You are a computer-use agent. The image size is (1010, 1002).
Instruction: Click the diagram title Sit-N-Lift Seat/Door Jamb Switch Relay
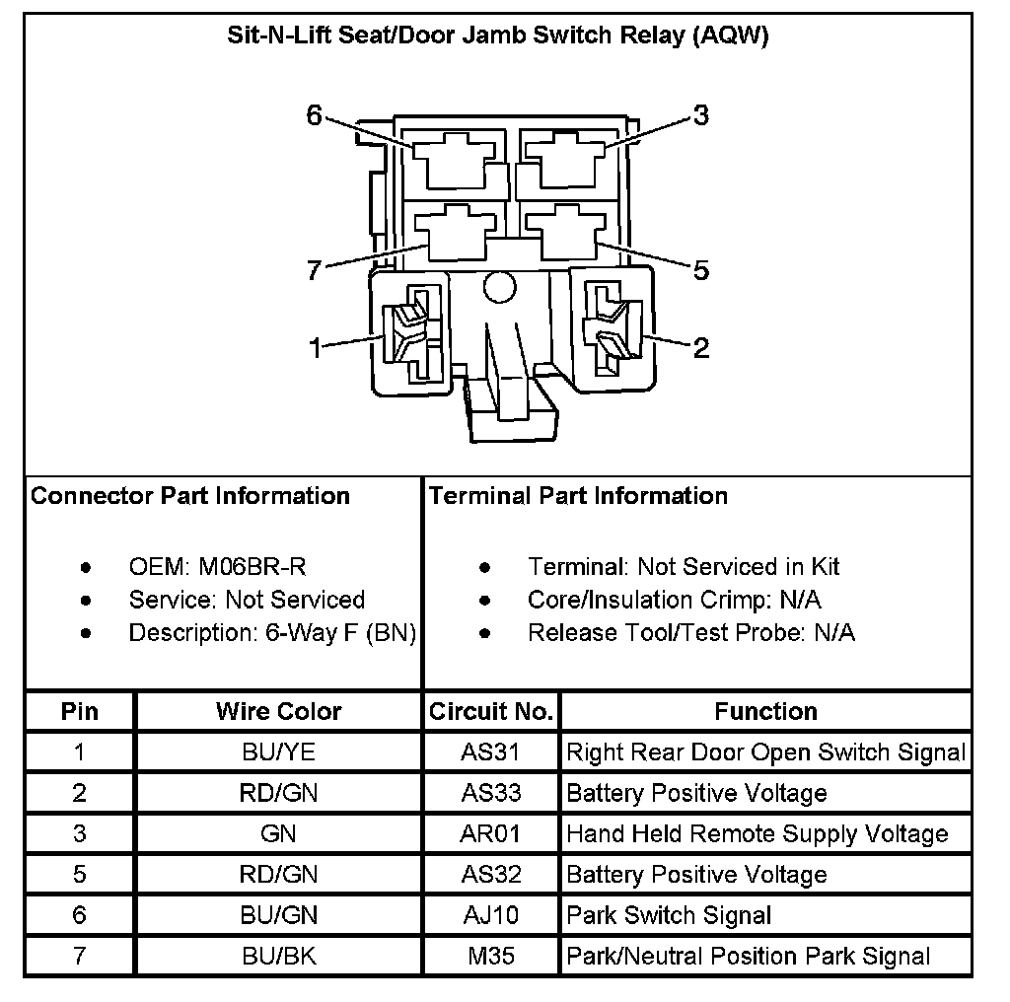(x=498, y=37)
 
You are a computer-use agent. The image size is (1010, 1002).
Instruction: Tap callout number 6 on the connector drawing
(x=315, y=115)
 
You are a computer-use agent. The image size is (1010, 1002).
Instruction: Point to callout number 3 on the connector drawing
(x=700, y=115)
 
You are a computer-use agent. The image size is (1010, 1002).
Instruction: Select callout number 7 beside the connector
(x=315, y=270)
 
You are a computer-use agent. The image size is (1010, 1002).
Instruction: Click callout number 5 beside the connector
(x=701, y=270)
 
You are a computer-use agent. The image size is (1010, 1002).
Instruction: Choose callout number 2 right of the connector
(x=701, y=347)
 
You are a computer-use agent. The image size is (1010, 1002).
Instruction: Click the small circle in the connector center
(x=499, y=287)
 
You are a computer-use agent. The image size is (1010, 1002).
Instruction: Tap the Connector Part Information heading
(x=190, y=495)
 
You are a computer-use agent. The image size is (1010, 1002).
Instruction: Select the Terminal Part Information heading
(x=578, y=495)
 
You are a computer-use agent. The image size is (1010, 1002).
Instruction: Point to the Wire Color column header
(x=278, y=711)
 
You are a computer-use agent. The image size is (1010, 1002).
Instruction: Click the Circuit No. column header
(x=491, y=711)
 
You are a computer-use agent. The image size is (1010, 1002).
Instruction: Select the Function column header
(x=765, y=711)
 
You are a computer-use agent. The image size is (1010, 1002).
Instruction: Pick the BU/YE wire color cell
(x=278, y=752)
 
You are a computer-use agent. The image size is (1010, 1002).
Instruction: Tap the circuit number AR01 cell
(x=490, y=834)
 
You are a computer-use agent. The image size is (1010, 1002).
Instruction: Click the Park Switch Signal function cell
(x=669, y=915)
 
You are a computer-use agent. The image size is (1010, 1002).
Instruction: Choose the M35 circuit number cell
(x=490, y=956)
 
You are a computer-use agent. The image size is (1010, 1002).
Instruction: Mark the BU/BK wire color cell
(x=278, y=956)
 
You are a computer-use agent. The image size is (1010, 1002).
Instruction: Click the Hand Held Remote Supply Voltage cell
(x=757, y=834)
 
